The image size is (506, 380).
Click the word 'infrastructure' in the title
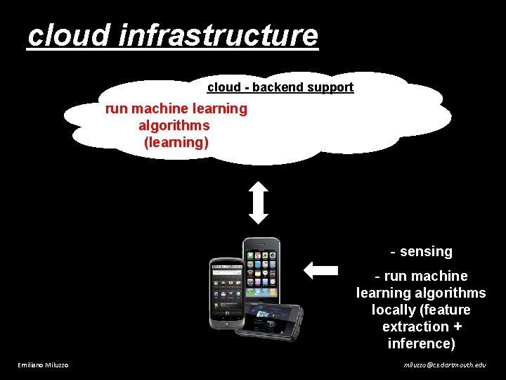pyautogui.click(x=219, y=36)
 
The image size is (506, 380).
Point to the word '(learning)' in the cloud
pyautogui.click(x=176, y=142)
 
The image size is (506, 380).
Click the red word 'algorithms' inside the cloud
pyautogui.click(x=174, y=125)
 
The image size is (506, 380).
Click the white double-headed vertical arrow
pyautogui.click(x=259, y=203)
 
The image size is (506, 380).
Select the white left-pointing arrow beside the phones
pyautogui.click(x=321, y=270)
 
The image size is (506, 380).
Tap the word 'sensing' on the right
pyautogui.click(x=426, y=251)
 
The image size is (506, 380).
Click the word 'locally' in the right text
pyautogui.click(x=395, y=310)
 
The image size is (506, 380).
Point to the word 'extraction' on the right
pyautogui.click(x=415, y=327)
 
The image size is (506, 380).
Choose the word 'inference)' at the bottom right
pyautogui.click(x=421, y=343)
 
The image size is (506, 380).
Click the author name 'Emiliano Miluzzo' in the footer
pyautogui.click(x=43, y=365)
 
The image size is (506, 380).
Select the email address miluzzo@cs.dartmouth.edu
pyautogui.click(x=444, y=365)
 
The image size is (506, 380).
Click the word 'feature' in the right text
pyautogui.click(x=447, y=310)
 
